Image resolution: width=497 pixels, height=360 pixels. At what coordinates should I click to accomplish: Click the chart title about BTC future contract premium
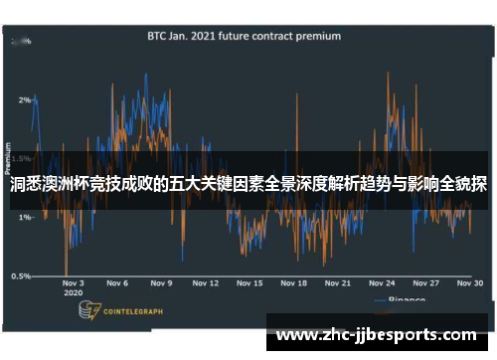pyautogui.click(x=244, y=36)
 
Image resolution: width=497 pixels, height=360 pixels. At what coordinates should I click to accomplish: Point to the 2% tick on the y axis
pyautogui.click(x=24, y=100)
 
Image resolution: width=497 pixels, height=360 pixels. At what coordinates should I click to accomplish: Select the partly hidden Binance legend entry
pyautogui.click(x=403, y=299)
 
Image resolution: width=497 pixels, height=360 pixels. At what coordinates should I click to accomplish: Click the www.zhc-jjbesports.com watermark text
pyautogui.click(x=375, y=335)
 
